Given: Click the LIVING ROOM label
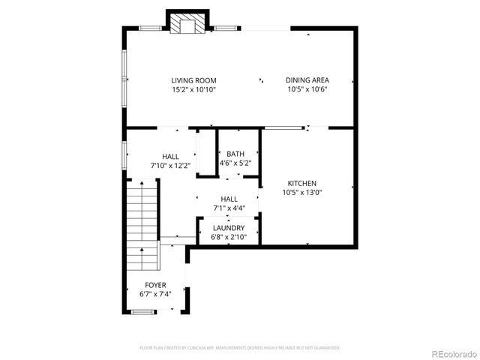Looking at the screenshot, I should (x=193, y=80).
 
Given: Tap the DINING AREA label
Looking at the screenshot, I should (x=307, y=80).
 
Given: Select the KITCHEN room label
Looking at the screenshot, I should (x=302, y=183).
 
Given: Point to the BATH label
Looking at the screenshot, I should (x=235, y=154).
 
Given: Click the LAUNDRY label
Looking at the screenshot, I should (x=228, y=228).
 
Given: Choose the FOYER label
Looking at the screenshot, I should (x=155, y=286).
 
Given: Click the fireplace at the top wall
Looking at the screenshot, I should (x=186, y=24).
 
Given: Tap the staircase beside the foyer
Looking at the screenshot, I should (x=142, y=225).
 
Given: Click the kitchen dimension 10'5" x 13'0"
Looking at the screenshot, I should (x=302, y=192).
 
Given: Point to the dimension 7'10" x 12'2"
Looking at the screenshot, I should (x=170, y=165).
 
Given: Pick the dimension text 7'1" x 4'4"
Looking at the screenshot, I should (x=229, y=208).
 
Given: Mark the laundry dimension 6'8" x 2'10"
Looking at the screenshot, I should (x=228, y=237).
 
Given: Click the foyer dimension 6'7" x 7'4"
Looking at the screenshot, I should (x=155, y=295).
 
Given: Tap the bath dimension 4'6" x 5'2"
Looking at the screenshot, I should (x=235, y=163).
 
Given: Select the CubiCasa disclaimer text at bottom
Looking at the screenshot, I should (x=240, y=348).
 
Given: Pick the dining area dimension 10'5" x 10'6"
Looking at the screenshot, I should (x=307, y=89).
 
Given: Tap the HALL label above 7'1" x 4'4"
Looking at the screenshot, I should (x=229, y=199).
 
